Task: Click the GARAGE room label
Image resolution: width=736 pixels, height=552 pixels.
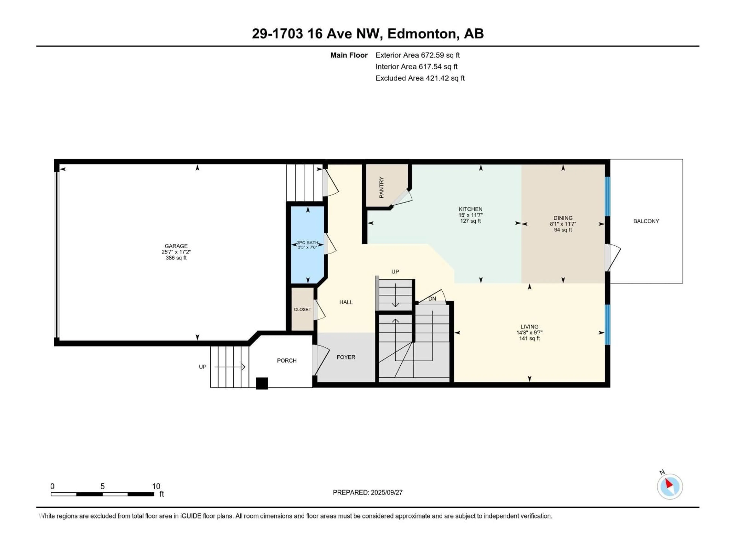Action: click(x=176, y=246)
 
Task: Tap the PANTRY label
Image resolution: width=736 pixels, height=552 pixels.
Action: click(x=381, y=187)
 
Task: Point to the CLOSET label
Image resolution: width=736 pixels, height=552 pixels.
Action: click(x=302, y=309)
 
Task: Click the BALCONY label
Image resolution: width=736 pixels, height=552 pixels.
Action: click(x=646, y=221)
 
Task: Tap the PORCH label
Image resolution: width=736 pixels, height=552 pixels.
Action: click(x=287, y=361)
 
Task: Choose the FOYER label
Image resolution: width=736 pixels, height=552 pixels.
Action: click(x=346, y=357)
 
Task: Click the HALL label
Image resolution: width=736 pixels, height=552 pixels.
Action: click(x=346, y=302)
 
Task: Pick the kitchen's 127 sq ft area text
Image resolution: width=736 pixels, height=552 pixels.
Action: click(x=471, y=221)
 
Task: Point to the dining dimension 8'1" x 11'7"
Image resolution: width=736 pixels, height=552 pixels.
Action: click(x=563, y=224)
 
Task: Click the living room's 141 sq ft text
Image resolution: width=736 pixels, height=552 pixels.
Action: click(x=529, y=338)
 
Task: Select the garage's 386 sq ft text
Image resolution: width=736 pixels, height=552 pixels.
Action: click(x=176, y=258)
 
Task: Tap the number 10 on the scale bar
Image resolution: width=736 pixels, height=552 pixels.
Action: click(x=156, y=486)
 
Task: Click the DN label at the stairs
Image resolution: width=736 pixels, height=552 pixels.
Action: click(x=432, y=299)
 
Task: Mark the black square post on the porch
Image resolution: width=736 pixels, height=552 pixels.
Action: click(x=262, y=383)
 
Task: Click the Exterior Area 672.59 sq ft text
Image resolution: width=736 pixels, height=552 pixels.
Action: click(x=418, y=55)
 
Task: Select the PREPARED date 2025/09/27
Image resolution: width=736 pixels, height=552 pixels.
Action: click(x=386, y=492)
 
